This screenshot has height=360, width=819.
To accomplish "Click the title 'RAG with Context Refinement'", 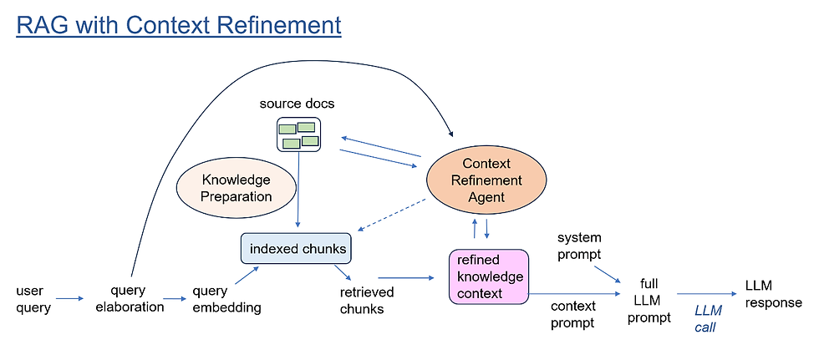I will pos(179,26).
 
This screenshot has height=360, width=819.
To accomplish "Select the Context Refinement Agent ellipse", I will pos(486,180).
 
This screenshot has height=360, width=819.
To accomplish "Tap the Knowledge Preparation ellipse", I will pos(237,188).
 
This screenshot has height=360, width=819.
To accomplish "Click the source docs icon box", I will pos(298,134).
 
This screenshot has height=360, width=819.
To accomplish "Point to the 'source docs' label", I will pos(298,104).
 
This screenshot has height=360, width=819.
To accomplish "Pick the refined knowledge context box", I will pos(488,276).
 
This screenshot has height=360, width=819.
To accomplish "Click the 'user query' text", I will pos(33,299).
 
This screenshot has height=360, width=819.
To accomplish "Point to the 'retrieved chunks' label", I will pos(366,300).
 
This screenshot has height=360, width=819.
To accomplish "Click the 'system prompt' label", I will pos(578,246).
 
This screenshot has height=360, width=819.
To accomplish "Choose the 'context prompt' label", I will pos(572,314).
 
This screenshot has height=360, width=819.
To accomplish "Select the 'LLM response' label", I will pos(773,294).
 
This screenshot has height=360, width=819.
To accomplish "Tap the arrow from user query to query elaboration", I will pos(70,298).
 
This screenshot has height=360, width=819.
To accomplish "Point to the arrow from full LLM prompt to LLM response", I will pos(706,294).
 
